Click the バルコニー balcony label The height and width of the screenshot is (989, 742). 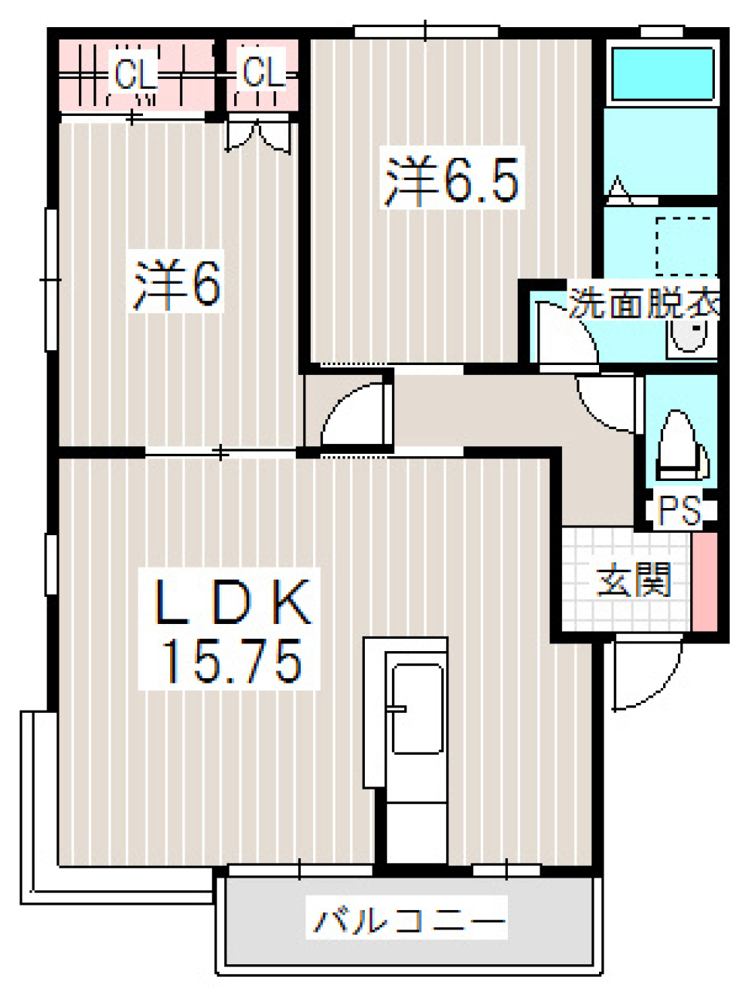[409, 921]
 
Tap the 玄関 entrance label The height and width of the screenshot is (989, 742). [633, 580]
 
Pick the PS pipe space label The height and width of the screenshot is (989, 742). [679, 510]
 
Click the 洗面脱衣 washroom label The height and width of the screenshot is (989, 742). [644, 304]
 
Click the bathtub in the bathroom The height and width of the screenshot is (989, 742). [662, 73]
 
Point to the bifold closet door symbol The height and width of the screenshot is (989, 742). [258, 135]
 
